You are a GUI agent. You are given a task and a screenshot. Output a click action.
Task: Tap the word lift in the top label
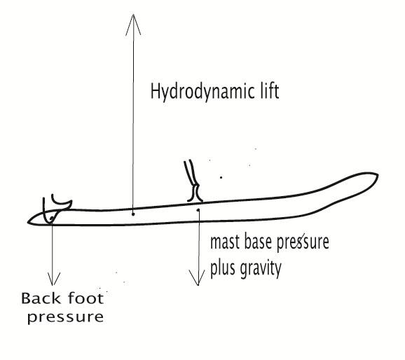[270, 91]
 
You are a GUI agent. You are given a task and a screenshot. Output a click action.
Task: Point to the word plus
[222, 268]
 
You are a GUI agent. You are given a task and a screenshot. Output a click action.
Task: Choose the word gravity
[260, 270]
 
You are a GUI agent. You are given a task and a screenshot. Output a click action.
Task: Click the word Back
[41, 298]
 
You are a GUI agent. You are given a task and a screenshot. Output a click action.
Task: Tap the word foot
[85, 298]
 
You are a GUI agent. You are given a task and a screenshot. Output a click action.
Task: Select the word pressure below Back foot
[66, 318]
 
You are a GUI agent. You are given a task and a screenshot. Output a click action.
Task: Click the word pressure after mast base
[303, 243]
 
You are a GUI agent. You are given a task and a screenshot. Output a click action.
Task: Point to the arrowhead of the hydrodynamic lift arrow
[133, 25]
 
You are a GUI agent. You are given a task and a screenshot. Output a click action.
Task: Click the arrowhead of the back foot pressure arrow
[53, 279]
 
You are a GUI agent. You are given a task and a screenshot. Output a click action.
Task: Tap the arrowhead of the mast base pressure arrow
[198, 278]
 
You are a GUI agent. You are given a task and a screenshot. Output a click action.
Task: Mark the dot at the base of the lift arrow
[133, 214]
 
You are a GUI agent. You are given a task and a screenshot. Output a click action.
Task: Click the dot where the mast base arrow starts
[198, 210]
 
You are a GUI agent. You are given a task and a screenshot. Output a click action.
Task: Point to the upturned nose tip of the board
[378, 175]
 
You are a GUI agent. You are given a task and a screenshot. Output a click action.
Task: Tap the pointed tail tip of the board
[29, 222]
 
